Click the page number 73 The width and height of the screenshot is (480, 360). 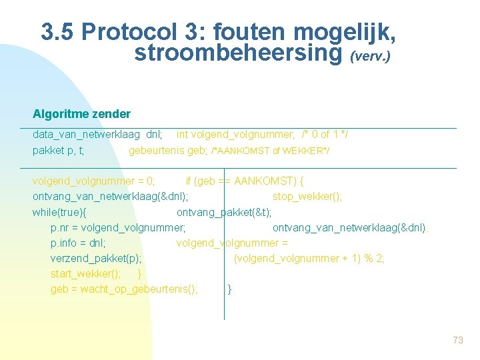pos(457,341)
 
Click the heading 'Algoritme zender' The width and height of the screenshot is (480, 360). pos(81,114)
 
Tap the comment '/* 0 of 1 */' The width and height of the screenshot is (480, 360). pos(325,135)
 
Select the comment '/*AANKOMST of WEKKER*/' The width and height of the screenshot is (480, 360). pos(270,151)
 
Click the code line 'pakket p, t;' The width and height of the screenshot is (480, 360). pos(59,151)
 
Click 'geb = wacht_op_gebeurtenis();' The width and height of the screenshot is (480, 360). pos(124,289)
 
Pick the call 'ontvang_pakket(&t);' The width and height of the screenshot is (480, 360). pos(224,212)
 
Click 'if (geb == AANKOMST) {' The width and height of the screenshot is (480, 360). pos(245,181)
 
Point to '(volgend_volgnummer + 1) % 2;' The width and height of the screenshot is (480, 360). pos(309,258)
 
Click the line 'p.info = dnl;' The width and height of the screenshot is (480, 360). pos(78,243)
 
